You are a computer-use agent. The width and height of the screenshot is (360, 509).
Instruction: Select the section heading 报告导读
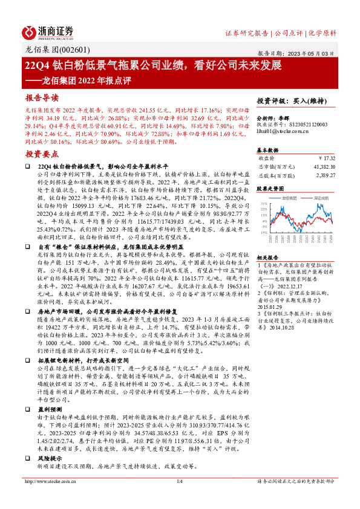42,97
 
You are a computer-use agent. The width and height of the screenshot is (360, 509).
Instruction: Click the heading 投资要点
42,155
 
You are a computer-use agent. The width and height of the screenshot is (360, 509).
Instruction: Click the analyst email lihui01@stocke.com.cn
284,131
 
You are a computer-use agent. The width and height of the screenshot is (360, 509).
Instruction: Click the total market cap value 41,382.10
321,166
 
